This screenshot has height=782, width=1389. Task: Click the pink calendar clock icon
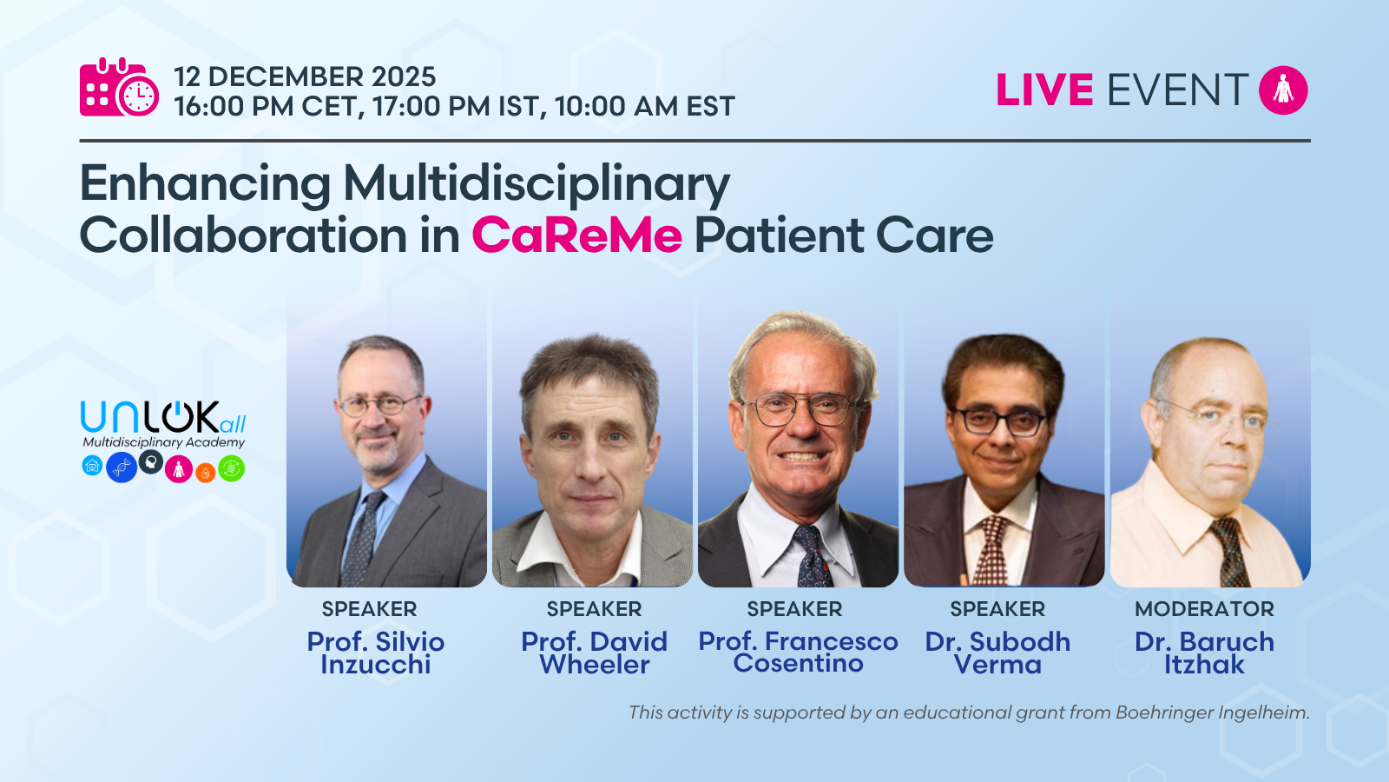(x=119, y=87)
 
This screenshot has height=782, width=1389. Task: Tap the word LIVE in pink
(x=1044, y=90)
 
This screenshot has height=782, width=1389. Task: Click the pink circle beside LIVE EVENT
(x=1283, y=90)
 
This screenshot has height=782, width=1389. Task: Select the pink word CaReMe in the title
(x=576, y=235)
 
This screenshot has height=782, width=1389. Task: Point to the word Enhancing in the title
(x=205, y=184)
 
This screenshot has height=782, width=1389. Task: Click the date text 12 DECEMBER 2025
(x=305, y=77)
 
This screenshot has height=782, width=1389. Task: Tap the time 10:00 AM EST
(x=645, y=106)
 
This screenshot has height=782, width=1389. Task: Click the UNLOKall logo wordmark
(x=163, y=417)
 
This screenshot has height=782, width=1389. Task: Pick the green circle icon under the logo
(x=231, y=468)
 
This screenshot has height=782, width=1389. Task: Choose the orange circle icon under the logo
(x=205, y=473)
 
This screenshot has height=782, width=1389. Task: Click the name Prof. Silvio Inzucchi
(x=376, y=653)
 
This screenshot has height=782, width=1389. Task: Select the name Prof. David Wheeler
(x=594, y=653)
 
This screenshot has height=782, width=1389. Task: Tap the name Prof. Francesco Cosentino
(x=798, y=652)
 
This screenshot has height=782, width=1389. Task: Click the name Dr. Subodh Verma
(x=997, y=653)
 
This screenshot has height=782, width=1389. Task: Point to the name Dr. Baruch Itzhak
(x=1204, y=653)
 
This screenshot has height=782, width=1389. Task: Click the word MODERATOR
(x=1204, y=609)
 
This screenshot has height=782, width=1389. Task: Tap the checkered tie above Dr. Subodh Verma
(x=991, y=550)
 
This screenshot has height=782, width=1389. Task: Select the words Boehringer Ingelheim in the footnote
(x=1212, y=712)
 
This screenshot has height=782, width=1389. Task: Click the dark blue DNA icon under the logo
(x=122, y=467)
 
